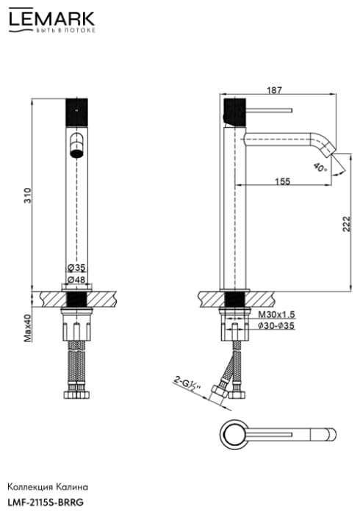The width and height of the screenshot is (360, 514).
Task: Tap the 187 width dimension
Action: click(274, 90)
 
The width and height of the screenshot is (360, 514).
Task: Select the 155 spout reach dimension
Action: click(283, 181)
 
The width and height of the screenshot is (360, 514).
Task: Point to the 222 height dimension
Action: click(347, 224)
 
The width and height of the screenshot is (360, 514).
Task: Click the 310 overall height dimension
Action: click(28, 195)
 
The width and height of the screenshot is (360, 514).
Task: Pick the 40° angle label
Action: click(320, 168)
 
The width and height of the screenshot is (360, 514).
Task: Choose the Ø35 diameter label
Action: click(76, 268)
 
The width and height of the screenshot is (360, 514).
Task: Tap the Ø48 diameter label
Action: click(76, 280)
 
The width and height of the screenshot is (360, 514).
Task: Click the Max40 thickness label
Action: click(27, 328)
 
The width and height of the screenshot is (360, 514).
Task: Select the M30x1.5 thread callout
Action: click(276, 315)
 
